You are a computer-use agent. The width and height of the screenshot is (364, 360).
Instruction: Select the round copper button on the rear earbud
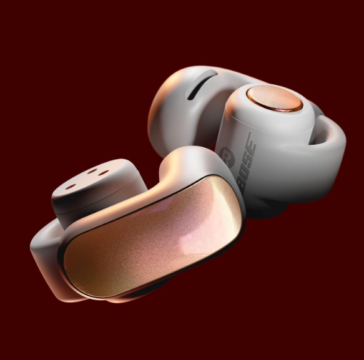click(x=275, y=98)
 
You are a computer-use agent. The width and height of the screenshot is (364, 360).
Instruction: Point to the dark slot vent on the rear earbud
click(x=202, y=85)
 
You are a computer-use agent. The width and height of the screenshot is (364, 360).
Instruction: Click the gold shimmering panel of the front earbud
click(x=153, y=236)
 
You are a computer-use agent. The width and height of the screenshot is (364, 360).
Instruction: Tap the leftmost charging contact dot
click(x=71, y=187)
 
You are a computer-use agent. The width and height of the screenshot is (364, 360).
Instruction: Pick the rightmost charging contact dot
click(x=103, y=173)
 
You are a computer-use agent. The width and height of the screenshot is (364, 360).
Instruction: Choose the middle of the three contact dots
click(x=93, y=171)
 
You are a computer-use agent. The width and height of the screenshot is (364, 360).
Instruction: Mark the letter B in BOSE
click(x=243, y=187)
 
